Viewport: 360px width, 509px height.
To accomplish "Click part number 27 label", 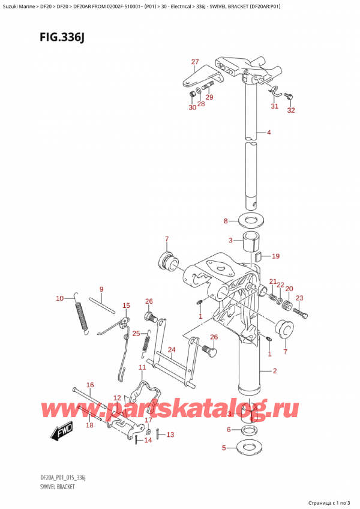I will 194,62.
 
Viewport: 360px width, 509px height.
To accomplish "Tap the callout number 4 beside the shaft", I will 269,133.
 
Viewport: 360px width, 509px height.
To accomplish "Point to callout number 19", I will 275,256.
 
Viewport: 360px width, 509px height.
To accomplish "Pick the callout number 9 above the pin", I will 101,289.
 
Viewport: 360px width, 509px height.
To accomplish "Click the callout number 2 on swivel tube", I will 274,371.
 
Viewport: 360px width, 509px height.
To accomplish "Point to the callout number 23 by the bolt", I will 299,298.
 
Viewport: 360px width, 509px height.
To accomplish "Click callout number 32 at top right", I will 292,110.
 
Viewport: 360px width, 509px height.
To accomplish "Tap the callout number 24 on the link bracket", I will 171,350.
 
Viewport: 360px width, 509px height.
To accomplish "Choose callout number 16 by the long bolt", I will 90,385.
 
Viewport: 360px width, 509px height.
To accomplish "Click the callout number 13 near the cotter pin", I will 170,435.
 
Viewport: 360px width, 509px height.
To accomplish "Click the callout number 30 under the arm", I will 192,108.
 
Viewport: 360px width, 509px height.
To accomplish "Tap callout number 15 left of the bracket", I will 126,306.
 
